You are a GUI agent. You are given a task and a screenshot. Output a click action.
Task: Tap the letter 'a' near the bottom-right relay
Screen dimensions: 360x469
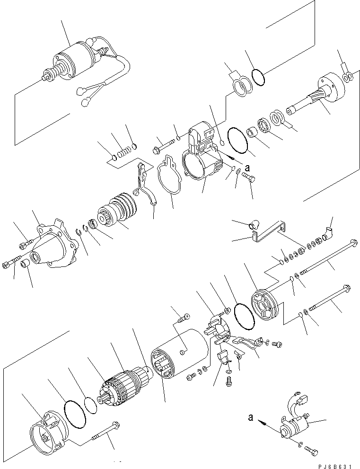(251, 418)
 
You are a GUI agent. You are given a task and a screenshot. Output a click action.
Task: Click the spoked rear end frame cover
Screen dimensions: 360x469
(264, 308)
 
